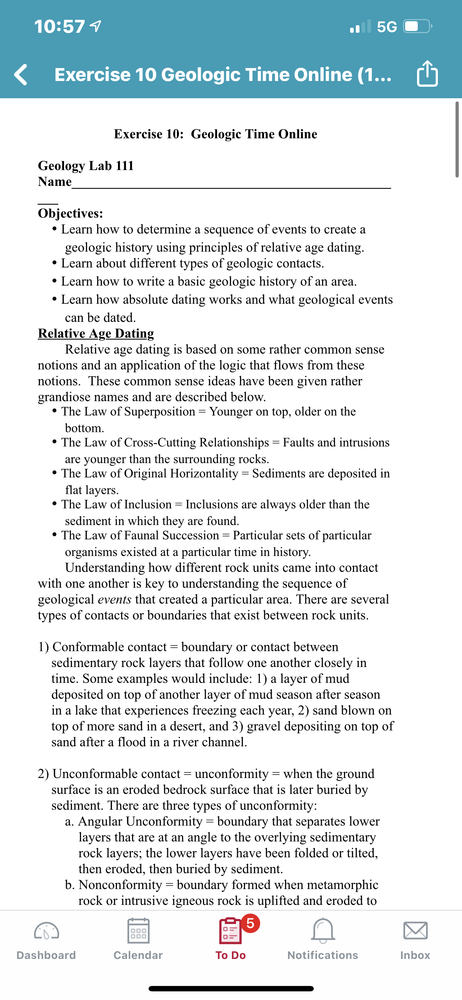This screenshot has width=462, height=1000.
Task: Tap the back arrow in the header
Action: point(21,74)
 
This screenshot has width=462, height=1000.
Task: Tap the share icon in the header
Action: point(427,73)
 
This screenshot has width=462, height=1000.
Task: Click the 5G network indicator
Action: point(387,27)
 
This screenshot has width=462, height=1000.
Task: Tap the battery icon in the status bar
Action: point(417,26)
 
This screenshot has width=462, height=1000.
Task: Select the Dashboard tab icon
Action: point(46,931)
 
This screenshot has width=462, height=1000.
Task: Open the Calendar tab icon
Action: point(138,931)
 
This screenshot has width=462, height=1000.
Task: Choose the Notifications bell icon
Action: point(323,931)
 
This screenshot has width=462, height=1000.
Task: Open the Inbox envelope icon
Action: point(415,931)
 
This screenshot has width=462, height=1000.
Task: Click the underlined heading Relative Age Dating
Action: point(96,333)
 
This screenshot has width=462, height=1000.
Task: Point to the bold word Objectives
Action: point(70,213)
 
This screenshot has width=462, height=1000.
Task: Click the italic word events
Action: point(114,599)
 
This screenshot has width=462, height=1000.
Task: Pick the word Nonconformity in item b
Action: point(120,885)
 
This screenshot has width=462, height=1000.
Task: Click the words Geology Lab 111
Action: point(86,166)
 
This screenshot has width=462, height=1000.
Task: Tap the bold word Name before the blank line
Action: point(55,182)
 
